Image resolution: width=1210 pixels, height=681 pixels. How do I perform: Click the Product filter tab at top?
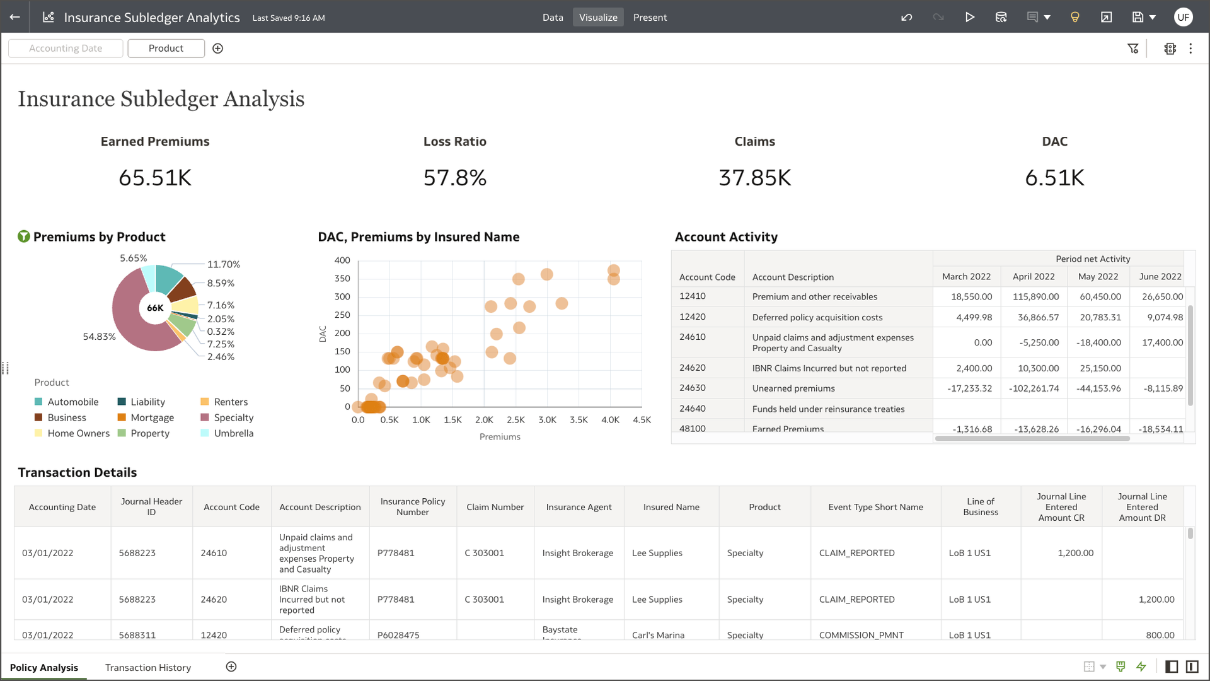tap(166, 49)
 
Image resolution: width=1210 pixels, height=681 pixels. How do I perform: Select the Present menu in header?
tap(650, 17)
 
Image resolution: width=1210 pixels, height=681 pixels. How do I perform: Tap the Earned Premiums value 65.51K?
tap(155, 178)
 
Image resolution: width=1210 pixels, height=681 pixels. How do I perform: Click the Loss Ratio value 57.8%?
tap(454, 178)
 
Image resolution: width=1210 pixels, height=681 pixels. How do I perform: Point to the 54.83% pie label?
tap(99, 337)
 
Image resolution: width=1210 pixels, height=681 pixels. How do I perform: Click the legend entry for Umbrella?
tap(233, 433)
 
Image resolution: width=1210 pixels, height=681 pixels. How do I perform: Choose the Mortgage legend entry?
tap(152, 417)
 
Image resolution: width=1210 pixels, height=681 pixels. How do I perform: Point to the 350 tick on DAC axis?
tap(342, 278)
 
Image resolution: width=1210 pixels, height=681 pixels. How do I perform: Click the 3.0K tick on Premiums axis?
tap(547, 420)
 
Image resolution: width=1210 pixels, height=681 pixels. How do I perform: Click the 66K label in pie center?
tap(155, 308)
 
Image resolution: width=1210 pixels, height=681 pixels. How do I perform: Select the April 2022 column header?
tap(1033, 276)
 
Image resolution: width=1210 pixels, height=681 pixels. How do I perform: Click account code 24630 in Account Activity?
tap(692, 388)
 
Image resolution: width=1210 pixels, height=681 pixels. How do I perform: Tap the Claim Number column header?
tap(495, 507)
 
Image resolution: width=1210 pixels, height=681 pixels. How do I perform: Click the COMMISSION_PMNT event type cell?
tap(861, 635)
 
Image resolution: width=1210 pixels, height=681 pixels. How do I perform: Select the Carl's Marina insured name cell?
tap(658, 635)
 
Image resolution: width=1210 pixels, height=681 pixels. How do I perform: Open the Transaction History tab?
tap(148, 667)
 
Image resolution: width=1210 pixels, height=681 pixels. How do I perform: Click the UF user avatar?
tap(1183, 17)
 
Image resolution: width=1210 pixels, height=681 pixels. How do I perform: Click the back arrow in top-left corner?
tap(15, 17)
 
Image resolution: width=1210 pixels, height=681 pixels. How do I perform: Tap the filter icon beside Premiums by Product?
tap(24, 236)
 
